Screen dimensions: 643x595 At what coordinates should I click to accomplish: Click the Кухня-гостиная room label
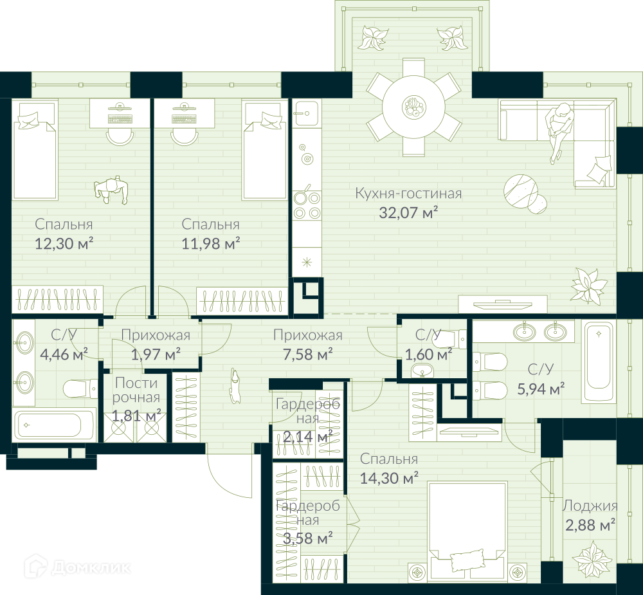[x=408, y=193]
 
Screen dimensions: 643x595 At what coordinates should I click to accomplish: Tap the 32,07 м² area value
[x=408, y=212]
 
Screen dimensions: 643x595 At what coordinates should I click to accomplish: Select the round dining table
[x=413, y=107]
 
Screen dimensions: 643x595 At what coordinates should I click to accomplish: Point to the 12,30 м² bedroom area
[x=64, y=243]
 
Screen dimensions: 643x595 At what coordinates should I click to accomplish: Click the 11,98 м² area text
[x=211, y=243]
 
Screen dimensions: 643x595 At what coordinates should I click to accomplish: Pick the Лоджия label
[x=590, y=506]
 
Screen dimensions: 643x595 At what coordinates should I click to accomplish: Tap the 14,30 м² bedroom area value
[x=389, y=478]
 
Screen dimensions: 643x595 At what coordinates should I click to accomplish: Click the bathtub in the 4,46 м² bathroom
[x=54, y=425]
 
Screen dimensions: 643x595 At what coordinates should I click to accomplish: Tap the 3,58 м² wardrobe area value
[x=308, y=537]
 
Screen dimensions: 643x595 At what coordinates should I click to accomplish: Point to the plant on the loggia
[x=589, y=559]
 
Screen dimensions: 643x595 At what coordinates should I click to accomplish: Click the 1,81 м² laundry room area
[x=136, y=416]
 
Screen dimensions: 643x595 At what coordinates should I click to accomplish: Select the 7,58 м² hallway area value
[x=308, y=354]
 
